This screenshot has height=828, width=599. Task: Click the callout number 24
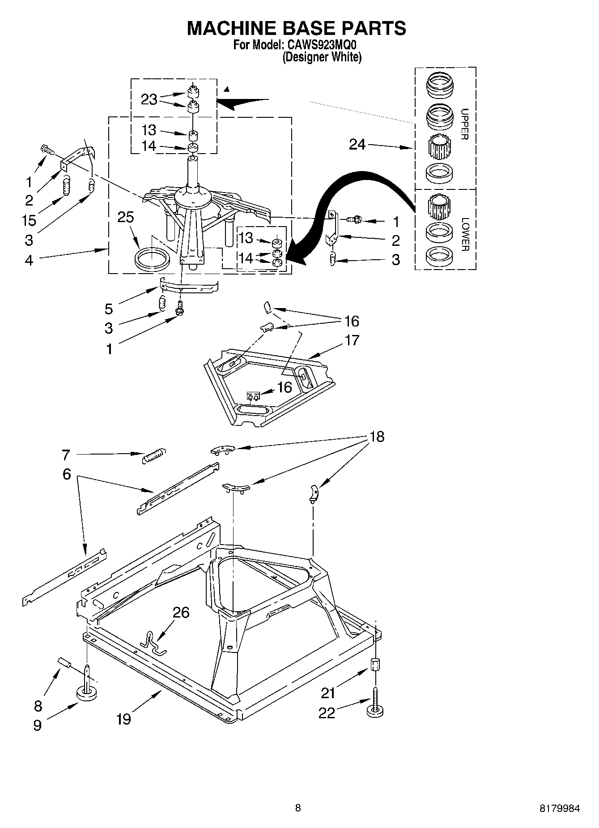coord(357,145)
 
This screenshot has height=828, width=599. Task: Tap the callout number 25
coord(126,217)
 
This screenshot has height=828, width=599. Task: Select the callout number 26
coord(181,612)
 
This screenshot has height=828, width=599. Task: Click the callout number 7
coord(66,455)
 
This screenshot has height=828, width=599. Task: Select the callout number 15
coord(29,220)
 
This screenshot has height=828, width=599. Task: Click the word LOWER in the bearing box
coord(465,234)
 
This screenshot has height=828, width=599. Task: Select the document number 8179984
coord(559,808)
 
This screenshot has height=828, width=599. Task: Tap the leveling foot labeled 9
coord(87,693)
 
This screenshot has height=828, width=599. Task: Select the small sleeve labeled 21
coord(376,664)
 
